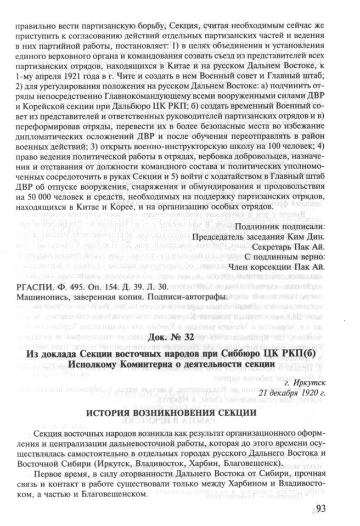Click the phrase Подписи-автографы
tap(191, 297)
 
